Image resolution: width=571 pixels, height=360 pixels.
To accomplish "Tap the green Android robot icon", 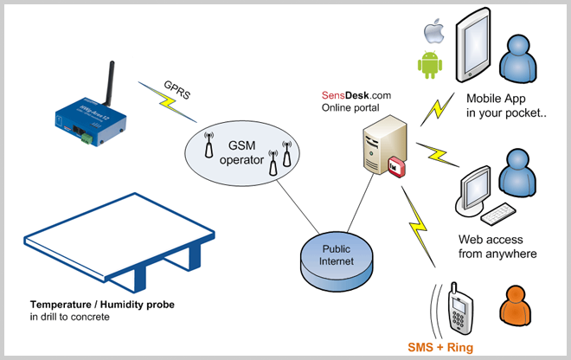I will click(430, 64).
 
